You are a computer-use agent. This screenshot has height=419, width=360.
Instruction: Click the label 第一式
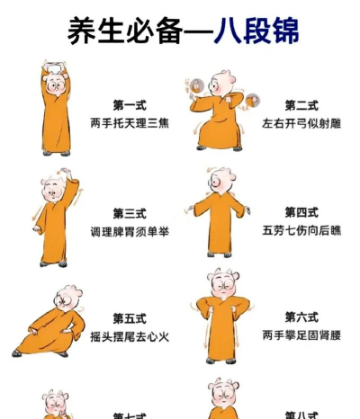tap(129, 105)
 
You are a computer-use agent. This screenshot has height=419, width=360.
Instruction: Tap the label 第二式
tap(301, 105)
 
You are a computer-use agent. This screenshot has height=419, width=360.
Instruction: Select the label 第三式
tap(129, 213)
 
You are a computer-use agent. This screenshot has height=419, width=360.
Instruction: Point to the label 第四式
tap(301, 212)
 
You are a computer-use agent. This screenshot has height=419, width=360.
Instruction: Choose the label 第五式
tap(129, 318)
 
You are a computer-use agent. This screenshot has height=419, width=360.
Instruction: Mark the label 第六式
tap(301, 316)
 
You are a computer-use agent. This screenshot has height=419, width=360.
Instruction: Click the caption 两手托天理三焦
tap(129, 123)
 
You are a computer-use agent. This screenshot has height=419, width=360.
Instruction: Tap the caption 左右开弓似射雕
tap(301, 123)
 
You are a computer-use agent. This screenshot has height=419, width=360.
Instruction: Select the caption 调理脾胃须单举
tap(129, 231)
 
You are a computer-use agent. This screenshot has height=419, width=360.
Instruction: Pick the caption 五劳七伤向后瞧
tap(301, 230)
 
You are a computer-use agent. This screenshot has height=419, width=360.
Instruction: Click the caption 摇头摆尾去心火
tap(129, 336)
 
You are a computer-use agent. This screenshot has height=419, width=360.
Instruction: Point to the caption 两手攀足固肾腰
tap(301, 334)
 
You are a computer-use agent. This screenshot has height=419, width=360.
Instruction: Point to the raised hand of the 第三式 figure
tap(75, 183)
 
